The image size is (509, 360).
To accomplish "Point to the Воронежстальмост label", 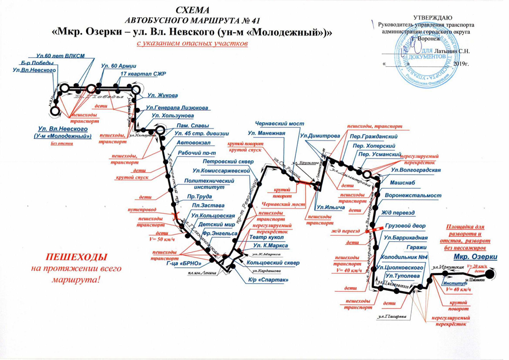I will point(413,195).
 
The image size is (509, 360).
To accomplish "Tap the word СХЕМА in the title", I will point(192,11).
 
